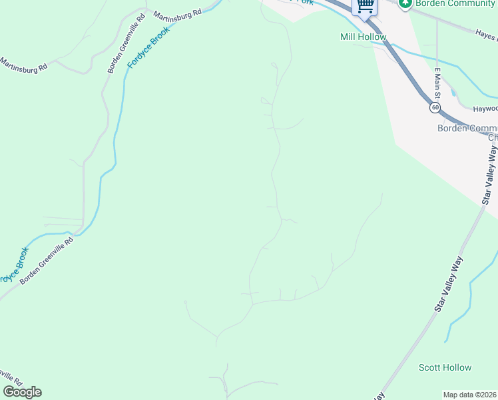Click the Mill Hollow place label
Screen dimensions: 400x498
363,37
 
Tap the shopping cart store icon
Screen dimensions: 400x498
365,6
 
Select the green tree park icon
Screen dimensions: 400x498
405,3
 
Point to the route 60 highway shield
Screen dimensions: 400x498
435,107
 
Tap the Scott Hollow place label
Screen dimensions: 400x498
445,367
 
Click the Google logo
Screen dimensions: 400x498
22,392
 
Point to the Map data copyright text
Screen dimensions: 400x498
470,395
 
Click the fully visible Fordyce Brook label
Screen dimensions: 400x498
148,50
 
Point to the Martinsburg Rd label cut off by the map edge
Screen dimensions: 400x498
24,65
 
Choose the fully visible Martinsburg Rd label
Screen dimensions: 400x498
177,13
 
